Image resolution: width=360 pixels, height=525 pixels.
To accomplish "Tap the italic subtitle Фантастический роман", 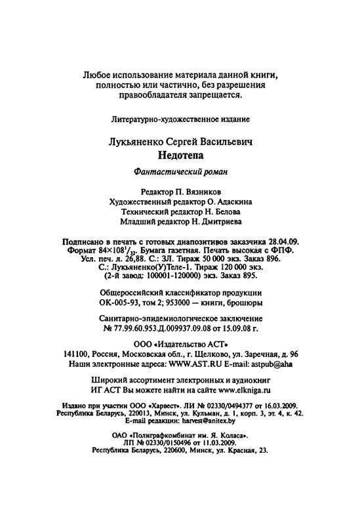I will [180, 173].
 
